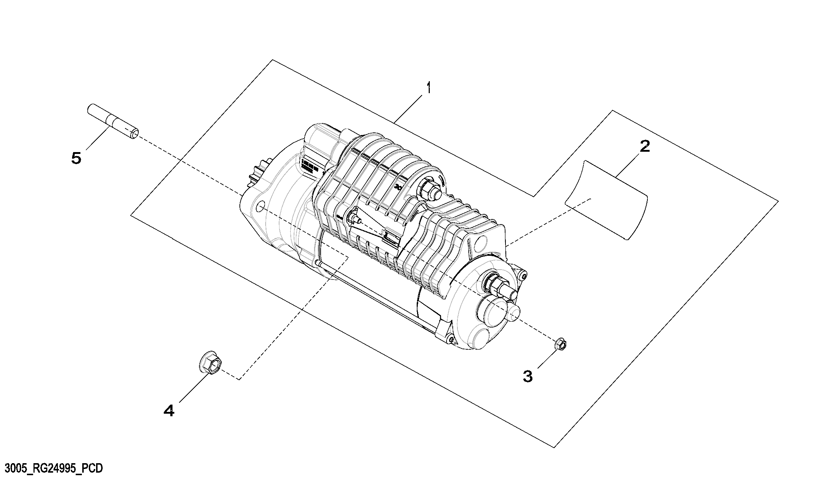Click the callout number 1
point(429,88)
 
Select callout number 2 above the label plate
point(645,147)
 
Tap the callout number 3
point(528,376)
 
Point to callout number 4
point(169,411)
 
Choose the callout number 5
point(76,158)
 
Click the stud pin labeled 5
point(113,122)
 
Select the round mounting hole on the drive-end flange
point(261,207)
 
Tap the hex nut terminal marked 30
point(429,190)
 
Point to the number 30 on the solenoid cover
point(398,187)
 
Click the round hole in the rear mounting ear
point(483,241)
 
